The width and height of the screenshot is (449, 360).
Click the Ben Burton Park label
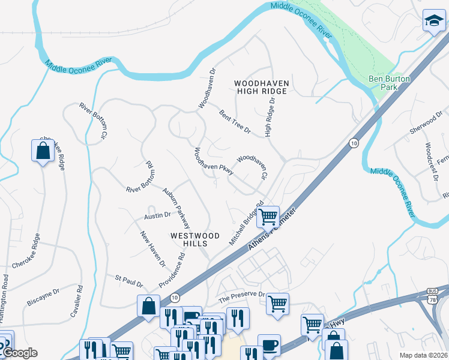click(x=382, y=83)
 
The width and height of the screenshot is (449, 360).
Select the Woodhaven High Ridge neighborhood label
click(x=261, y=87)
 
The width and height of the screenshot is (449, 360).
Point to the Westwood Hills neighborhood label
click(x=196, y=239)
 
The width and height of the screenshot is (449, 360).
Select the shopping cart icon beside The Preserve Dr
click(x=277, y=304)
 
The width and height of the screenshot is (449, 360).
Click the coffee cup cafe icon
click(x=269, y=345)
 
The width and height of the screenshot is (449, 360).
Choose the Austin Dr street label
click(x=158, y=215)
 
